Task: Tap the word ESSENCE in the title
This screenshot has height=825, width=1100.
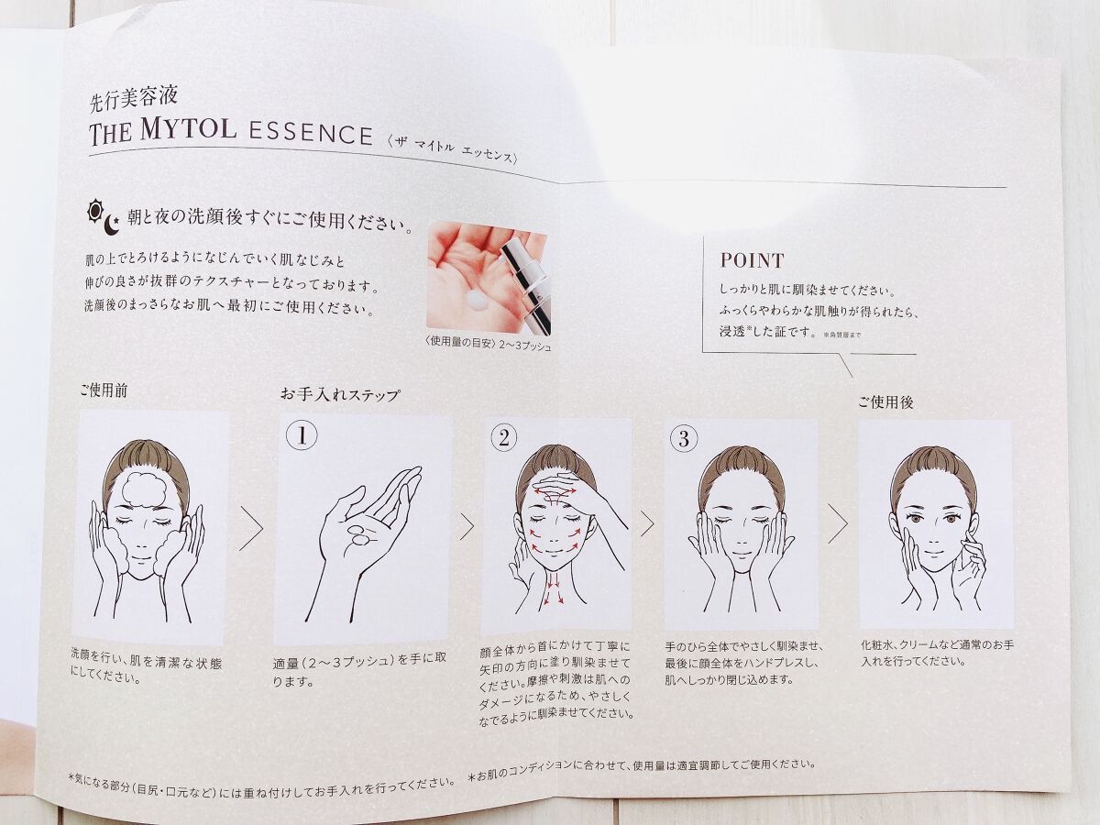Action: pos(311,134)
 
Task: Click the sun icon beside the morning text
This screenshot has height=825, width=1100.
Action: pos(94,211)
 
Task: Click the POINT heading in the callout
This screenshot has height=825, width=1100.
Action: pos(753,260)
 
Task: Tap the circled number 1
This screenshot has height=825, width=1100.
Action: pos(302,435)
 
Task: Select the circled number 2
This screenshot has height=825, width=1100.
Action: pos(503,438)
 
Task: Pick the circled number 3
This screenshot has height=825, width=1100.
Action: pos(684,439)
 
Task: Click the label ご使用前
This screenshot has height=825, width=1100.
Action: pos(104,390)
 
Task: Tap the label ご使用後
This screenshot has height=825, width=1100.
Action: pos(885,401)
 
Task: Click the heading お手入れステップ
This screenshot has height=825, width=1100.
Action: pos(340,395)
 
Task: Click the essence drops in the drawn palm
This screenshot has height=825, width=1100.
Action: pos(360,535)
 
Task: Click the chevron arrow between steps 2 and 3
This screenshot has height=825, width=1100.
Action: pos(647,524)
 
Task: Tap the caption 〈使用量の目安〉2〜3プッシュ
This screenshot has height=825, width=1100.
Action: pos(488,344)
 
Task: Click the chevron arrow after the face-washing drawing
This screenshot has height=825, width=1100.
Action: pos(251,529)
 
